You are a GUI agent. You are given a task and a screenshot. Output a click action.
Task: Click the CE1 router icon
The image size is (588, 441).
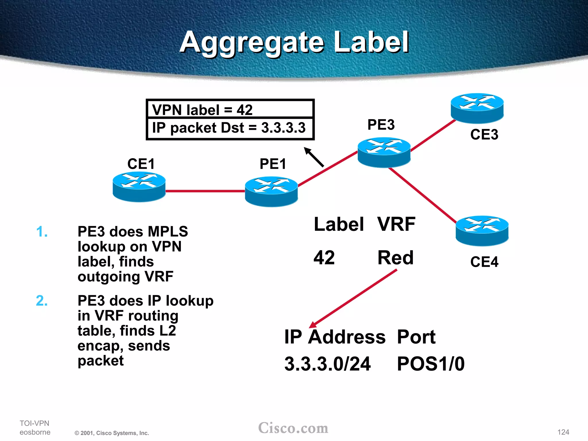139,187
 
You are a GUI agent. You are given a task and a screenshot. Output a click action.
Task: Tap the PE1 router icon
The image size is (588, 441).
271,192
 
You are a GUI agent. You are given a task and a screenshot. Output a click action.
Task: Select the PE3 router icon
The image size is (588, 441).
384,152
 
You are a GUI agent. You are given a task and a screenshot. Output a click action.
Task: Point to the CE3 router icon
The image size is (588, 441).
477,108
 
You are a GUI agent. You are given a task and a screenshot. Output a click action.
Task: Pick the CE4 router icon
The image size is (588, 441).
482,231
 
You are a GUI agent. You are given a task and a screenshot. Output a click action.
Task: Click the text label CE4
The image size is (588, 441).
484,262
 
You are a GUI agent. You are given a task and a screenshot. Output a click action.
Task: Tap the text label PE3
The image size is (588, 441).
381,125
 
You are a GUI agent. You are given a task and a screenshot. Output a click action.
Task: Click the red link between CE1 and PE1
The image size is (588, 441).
205,191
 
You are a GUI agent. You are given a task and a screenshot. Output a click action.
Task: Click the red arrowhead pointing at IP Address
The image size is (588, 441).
313,324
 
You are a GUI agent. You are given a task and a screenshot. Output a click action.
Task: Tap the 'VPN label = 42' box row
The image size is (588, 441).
230,109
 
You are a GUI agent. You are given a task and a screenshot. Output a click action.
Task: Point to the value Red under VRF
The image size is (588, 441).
395,258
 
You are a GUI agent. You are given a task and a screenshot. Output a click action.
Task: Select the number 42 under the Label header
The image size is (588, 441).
324,258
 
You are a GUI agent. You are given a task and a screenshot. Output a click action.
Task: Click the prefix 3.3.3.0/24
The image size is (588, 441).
327,364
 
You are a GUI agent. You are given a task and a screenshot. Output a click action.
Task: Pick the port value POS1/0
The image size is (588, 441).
430,364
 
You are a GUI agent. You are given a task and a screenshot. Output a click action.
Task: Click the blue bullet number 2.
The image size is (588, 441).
42,301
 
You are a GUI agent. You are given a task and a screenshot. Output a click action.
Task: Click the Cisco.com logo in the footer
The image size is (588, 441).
293,428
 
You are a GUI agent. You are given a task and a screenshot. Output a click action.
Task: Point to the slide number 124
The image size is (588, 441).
563,432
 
